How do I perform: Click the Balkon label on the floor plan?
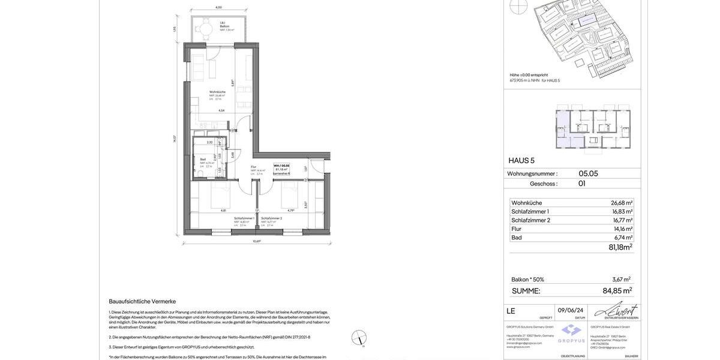coord(224,26)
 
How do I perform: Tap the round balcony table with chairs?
coord(206,28)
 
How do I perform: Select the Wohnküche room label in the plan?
coord(217,92)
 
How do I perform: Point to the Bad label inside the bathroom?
coord(203,160)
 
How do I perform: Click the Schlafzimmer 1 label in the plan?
coord(244,218)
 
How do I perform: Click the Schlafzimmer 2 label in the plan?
coord(271,218)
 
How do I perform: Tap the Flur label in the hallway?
coord(254,167)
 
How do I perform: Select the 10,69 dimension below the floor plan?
coord(257,241)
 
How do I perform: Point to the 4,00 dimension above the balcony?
coord(218,7)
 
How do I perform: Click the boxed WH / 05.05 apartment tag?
coord(281,169)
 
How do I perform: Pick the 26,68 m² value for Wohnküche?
coord(621,203)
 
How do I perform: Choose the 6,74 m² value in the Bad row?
coord(623,238)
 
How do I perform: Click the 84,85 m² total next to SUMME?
coord(617,291)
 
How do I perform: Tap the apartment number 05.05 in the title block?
coord(588,173)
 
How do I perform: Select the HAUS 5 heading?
coord(521,160)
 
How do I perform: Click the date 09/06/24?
coord(571,310)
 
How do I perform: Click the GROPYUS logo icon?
coord(572,330)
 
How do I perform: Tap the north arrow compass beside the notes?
coord(359,338)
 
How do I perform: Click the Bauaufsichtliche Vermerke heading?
coord(142,301)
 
